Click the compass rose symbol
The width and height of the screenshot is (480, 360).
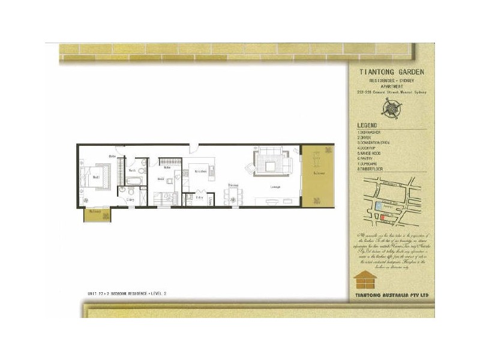[392, 107]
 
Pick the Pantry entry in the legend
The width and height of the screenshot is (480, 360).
[367, 158]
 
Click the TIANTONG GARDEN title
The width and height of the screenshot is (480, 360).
[391, 72]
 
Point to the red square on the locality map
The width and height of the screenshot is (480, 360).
[384, 217]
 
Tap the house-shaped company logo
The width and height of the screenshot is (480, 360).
[365, 280]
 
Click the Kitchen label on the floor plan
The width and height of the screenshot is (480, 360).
[200, 172]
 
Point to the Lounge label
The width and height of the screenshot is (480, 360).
[275, 187]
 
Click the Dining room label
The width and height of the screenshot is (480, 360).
[233, 185]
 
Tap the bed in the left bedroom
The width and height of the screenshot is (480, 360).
[96, 177]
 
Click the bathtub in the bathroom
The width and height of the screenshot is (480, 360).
[134, 180]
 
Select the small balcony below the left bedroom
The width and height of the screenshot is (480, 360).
[96, 214]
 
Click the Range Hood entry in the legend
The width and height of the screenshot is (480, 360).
[371, 152]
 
